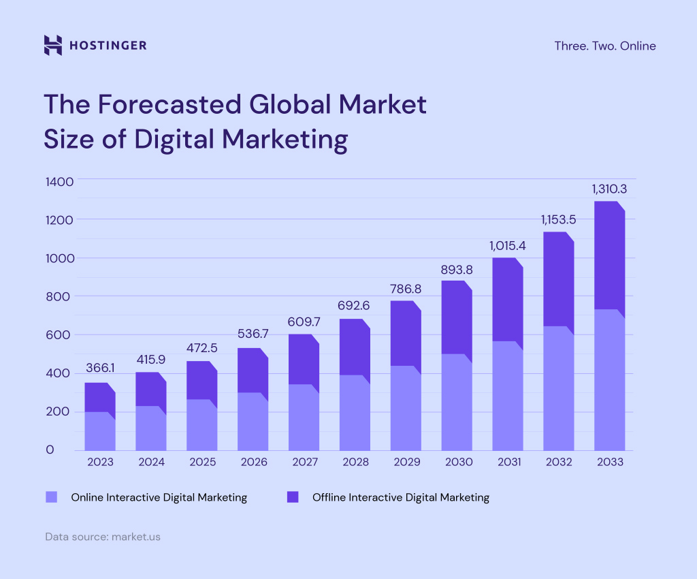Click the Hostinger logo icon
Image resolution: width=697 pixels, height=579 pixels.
pyautogui.click(x=53, y=46)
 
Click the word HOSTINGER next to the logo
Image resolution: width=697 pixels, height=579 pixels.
pyautogui.click(x=108, y=46)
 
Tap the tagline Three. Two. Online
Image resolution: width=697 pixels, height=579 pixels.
pyautogui.click(x=605, y=46)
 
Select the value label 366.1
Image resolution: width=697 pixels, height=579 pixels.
pyautogui.click(x=99, y=368)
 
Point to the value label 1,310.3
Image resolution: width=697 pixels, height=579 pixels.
pyautogui.click(x=609, y=188)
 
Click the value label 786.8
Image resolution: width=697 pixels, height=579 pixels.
pyautogui.click(x=405, y=289)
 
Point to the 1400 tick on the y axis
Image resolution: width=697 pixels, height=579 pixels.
pyautogui.click(x=59, y=182)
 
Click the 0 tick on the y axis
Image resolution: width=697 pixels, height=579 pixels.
pyautogui.click(x=49, y=450)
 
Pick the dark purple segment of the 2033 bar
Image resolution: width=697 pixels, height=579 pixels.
pyautogui.click(x=609, y=255)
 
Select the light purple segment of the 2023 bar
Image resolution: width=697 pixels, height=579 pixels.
pyautogui.click(x=99, y=431)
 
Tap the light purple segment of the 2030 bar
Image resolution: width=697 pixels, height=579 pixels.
pyautogui.click(x=456, y=402)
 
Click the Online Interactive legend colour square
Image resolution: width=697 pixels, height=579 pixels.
pyautogui.click(x=51, y=497)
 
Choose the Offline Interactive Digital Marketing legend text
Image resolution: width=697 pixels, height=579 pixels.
pyautogui.click(x=400, y=497)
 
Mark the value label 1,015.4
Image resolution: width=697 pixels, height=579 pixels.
pyautogui.click(x=508, y=245)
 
